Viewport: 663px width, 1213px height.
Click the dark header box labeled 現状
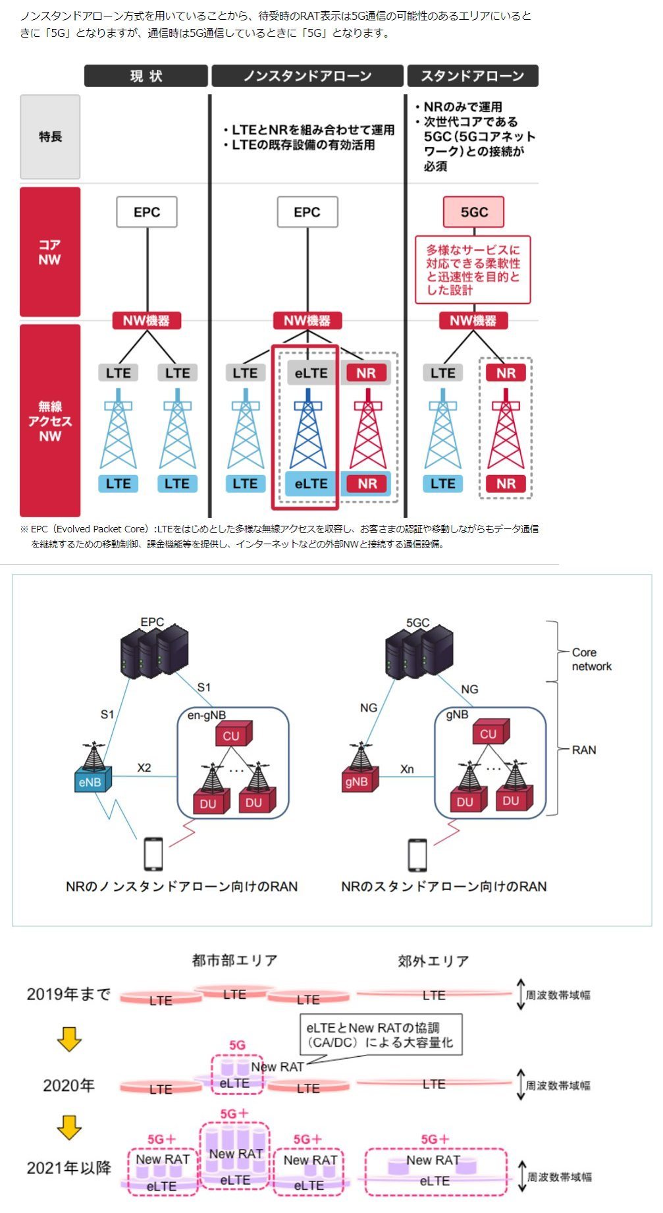click(x=146, y=76)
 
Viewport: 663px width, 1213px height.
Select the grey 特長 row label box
click(x=50, y=137)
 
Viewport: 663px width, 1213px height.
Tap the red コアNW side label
click(x=50, y=252)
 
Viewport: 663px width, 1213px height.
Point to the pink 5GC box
click(x=473, y=212)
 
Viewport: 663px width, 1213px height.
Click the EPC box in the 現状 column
click(x=147, y=212)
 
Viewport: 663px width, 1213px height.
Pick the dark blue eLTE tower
click(x=307, y=428)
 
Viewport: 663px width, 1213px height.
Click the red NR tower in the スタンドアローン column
click(x=506, y=428)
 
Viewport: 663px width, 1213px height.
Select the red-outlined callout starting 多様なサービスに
click(x=472, y=269)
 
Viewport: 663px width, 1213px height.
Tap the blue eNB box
click(x=91, y=782)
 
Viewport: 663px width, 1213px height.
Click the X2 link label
click(x=144, y=768)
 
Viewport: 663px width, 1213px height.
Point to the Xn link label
click(x=407, y=769)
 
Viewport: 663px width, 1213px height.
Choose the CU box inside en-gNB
click(x=231, y=735)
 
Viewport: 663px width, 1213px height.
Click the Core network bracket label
click(x=591, y=659)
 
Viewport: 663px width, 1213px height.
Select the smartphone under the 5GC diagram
click(x=417, y=855)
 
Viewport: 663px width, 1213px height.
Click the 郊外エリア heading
click(x=433, y=961)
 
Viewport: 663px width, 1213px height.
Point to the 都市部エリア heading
click(x=234, y=960)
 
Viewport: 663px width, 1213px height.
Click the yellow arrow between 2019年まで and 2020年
click(x=69, y=1038)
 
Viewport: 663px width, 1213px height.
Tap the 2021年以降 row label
click(x=68, y=1168)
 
